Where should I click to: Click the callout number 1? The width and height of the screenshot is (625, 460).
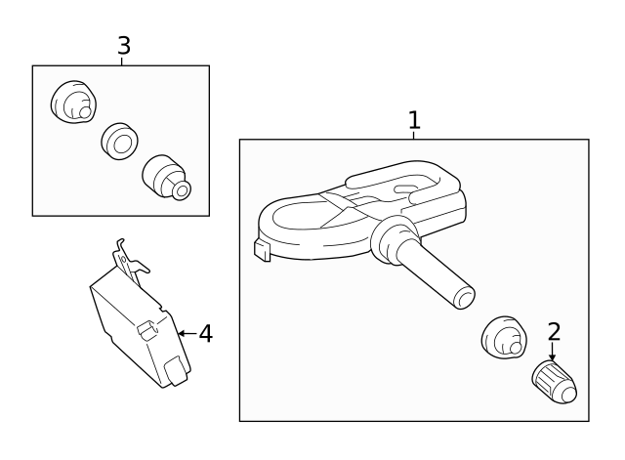[414, 120]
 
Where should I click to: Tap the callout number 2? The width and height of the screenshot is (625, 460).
[554, 331]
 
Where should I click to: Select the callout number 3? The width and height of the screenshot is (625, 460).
[123, 45]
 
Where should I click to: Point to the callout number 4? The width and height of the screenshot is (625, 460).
[205, 334]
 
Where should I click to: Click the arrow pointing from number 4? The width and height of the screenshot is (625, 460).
[187, 334]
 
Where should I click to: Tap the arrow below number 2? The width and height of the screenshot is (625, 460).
[553, 352]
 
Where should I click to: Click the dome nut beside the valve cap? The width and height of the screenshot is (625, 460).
[502, 338]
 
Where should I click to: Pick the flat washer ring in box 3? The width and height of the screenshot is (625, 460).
[119, 141]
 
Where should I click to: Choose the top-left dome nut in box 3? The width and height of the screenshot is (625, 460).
[71, 101]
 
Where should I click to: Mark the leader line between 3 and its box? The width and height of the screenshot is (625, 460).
[122, 61]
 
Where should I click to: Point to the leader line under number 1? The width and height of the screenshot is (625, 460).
[413, 135]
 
